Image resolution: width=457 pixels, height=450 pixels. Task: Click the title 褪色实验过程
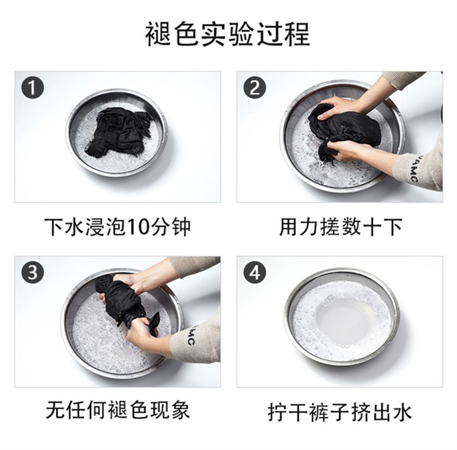click(x=228, y=34)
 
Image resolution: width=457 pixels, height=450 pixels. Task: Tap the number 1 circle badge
click(x=33, y=87)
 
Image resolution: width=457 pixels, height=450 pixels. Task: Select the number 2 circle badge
click(x=255, y=87)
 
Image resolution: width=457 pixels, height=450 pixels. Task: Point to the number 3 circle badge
click(x=33, y=272)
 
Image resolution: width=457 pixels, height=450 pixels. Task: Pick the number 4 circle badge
click(x=255, y=272)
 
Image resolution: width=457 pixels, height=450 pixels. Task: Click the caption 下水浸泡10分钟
click(x=118, y=227)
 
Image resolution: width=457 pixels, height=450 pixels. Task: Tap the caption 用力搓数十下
click(x=341, y=227)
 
